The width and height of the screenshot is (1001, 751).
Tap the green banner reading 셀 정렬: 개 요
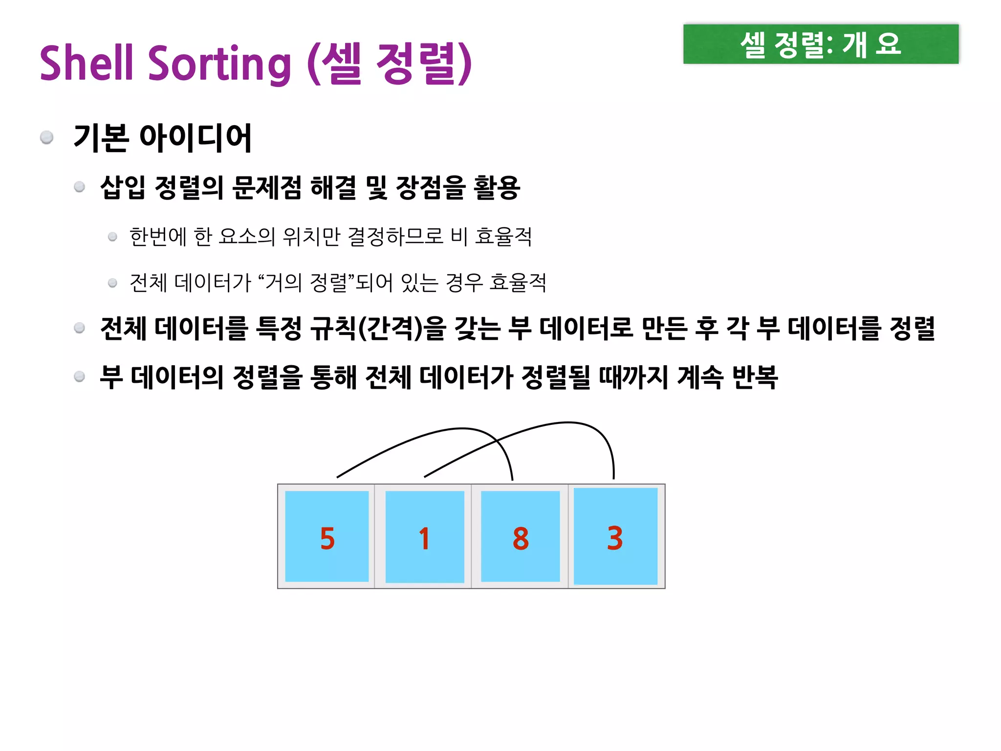click(x=821, y=44)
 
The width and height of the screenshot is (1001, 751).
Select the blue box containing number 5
click(x=326, y=536)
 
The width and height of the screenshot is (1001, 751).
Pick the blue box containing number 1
click(x=424, y=536)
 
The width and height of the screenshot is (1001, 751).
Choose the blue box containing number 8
click(x=520, y=536)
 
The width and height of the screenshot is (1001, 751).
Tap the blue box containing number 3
click(x=615, y=536)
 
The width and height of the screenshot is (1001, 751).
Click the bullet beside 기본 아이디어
click(x=47, y=137)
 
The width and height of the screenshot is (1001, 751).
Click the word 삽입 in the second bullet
click(x=122, y=188)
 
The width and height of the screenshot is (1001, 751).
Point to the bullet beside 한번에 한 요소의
click(x=112, y=237)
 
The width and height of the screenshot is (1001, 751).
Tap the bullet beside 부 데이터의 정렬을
click(x=80, y=376)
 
